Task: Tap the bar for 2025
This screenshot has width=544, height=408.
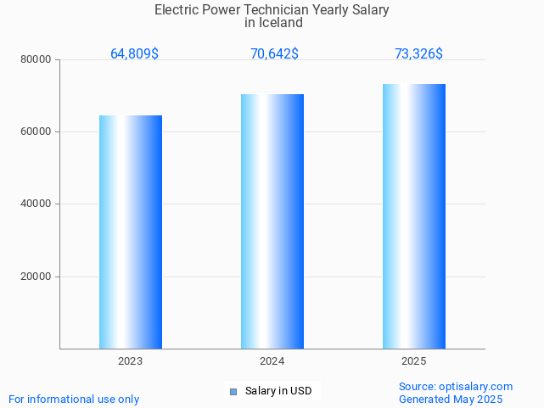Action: click(x=414, y=216)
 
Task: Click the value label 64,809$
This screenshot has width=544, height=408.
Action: click(x=134, y=54)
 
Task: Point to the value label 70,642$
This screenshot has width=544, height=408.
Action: click(x=274, y=54)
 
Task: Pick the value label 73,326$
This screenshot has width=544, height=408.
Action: click(x=418, y=54)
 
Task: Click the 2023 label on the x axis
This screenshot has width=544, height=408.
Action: click(x=131, y=361)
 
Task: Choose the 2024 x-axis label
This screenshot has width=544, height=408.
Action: click(x=272, y=361)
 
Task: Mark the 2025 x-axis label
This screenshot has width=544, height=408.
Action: click(x=414, y=361)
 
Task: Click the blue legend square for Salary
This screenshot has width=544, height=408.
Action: click(x=233, y=391)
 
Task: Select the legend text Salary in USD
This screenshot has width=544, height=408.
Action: click(x=278, y=391)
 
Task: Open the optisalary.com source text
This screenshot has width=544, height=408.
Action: click(x=456, y=387)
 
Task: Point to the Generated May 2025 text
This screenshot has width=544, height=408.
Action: click(x=451, y=400)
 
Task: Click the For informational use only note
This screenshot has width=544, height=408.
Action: click(x=74, y=400)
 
